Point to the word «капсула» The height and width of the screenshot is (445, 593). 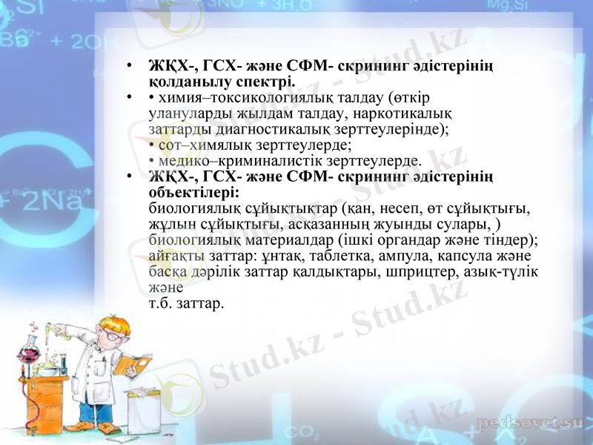(463, 256)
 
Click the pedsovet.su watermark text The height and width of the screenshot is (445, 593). (528, 423)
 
